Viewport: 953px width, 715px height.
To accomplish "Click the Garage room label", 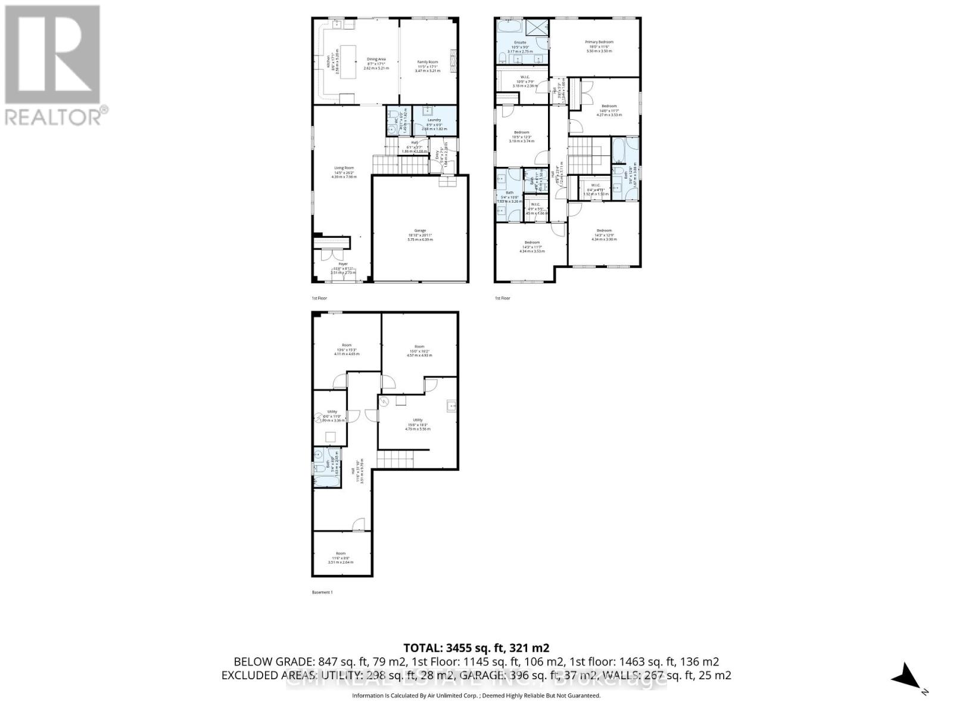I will click(x=421, y=231).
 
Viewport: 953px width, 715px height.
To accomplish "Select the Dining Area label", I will click(x=376, y=60).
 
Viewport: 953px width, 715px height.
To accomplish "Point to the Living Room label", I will click(x=344, y=168).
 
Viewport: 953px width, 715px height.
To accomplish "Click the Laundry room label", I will click(x=434, y=120).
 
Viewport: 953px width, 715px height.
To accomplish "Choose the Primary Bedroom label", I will click(x=599, y=42).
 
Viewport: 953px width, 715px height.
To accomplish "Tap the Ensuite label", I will click(x=520, y=43).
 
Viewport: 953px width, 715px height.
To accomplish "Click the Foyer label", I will click(x=342, y=264).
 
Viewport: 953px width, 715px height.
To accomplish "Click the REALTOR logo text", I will click(x=57, y=116).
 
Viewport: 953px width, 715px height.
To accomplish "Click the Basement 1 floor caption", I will click(x=322, y=592).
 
